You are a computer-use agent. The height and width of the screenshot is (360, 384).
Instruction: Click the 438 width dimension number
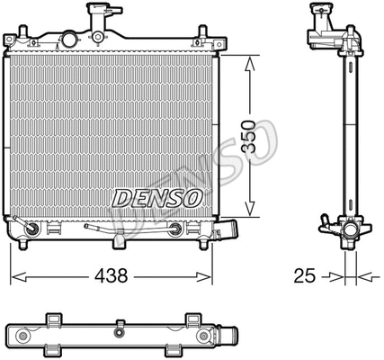pos(112,275)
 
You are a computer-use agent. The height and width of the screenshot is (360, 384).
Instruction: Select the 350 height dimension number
pos(257,133)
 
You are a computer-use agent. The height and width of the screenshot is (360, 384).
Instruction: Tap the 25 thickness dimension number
pos(306,275)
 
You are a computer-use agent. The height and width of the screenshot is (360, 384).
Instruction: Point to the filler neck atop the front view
pos(101,18)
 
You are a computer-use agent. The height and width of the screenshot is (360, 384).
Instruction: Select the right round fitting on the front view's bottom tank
pos(175,229)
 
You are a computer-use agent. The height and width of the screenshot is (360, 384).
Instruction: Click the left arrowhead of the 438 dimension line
pos(15,275)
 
